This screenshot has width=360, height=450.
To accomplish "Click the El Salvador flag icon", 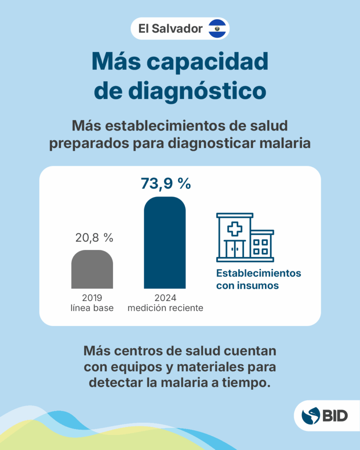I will [x=217, y=29].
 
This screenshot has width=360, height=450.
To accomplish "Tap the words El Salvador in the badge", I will [x=171, y=29].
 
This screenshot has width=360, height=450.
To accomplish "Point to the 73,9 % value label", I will [x=166, y=183].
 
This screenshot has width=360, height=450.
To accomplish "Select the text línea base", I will [x=92, y=308].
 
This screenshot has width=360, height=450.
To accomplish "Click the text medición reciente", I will [x=165, y=308].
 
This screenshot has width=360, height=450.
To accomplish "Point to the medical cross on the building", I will [x=234, y=229].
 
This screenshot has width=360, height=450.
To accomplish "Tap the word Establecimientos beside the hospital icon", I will [x=258, y=273].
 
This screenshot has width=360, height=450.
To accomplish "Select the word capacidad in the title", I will [x=207, y=62].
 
